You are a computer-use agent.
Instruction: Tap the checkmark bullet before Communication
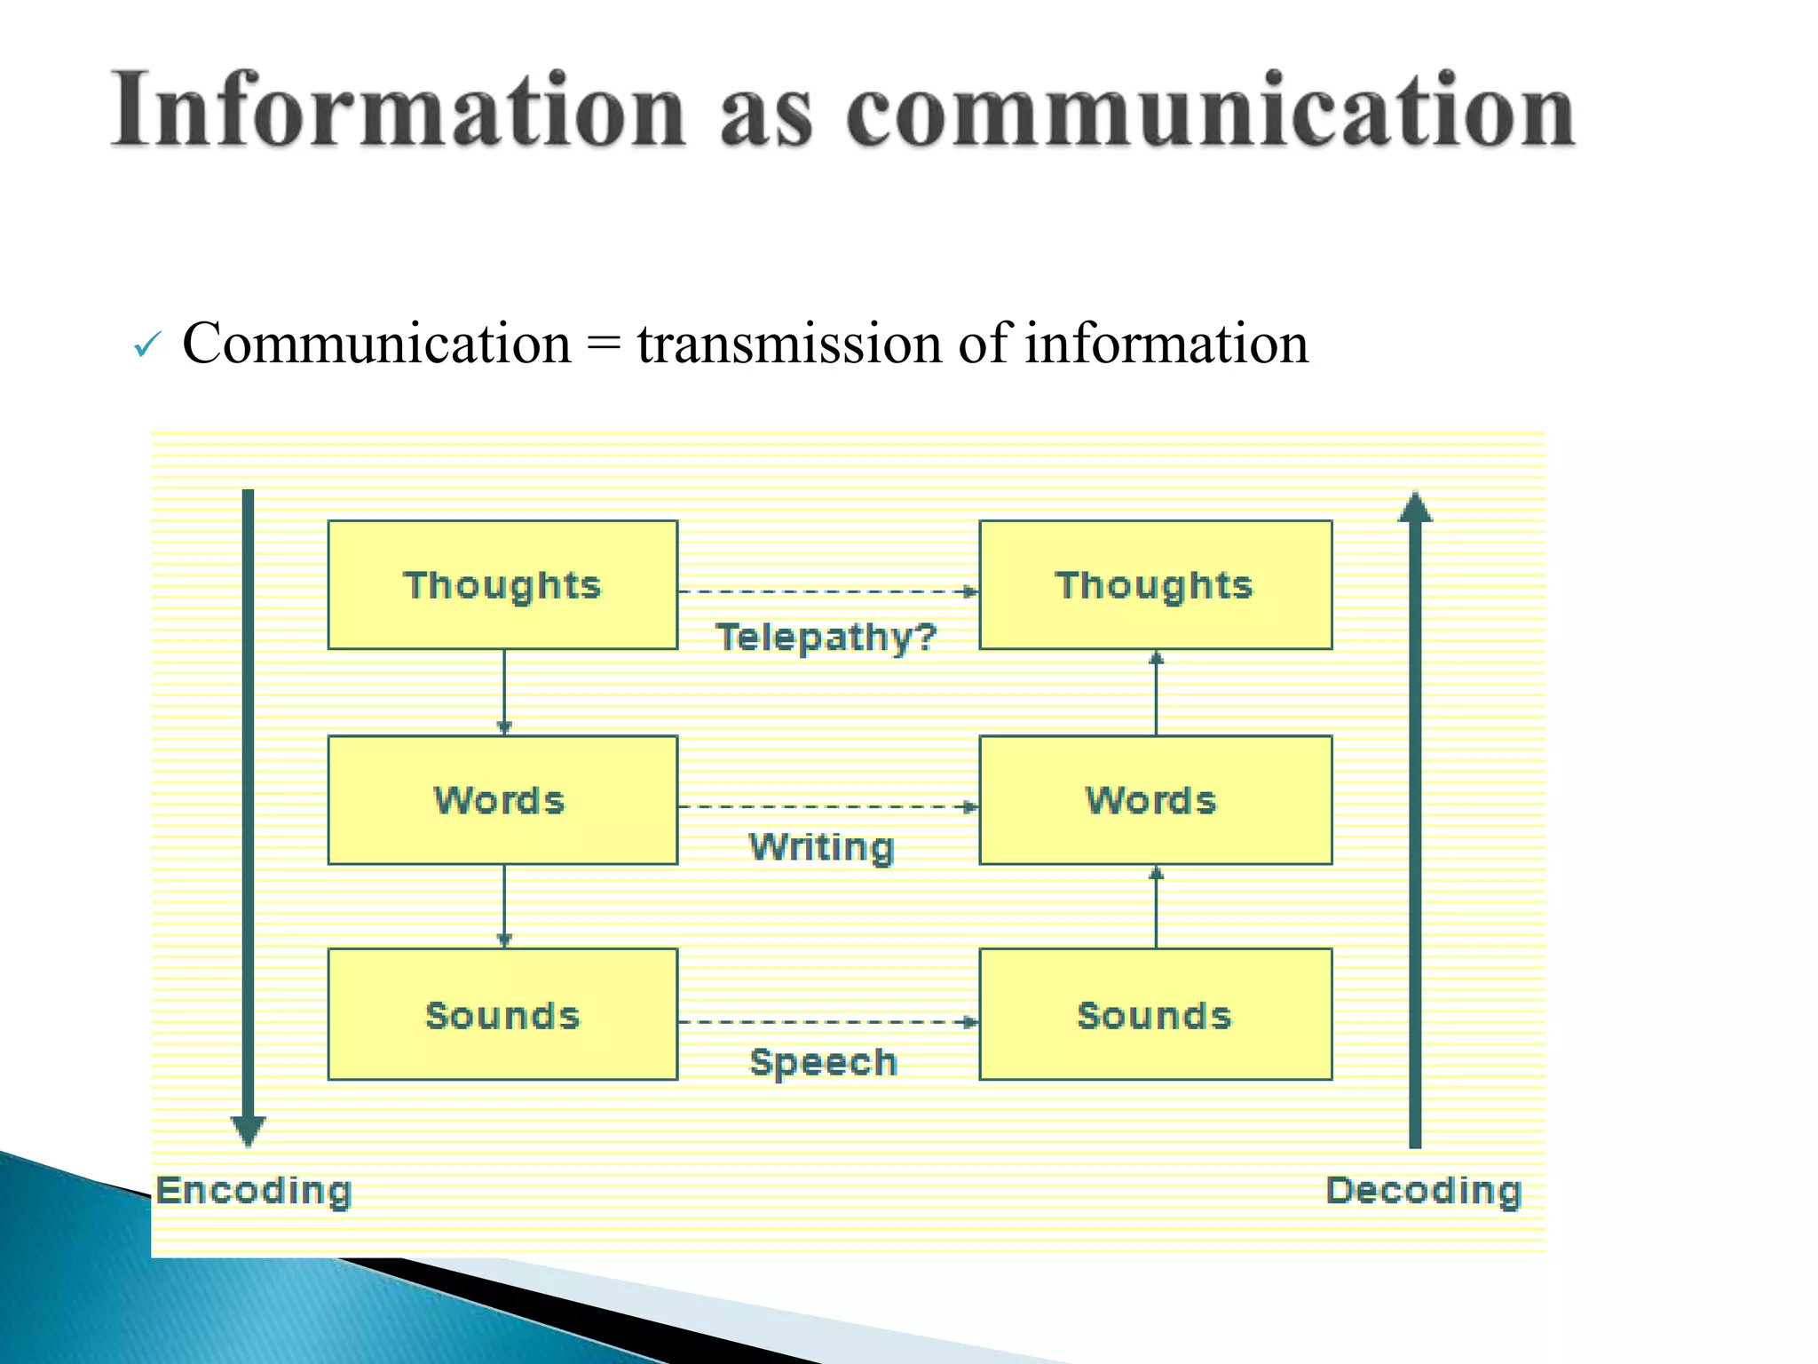tap(147, 345)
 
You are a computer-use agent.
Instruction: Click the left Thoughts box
tap(502, 585)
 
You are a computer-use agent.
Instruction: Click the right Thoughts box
tap(1155, 585)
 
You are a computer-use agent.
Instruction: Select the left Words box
tap(502, 800)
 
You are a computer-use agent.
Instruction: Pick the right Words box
tap(1155, 800)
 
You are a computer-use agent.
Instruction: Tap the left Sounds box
tap(502, 1014)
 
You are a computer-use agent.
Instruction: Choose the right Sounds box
tap(1155, 1014)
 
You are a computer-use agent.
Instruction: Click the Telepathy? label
tap(826, 638)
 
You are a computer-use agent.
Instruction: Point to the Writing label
tap(822, 846)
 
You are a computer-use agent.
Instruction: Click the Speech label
tap(824, 1062)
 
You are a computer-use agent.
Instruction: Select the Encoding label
tap(255, 1190)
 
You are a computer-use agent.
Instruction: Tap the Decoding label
tap(1424, 1190)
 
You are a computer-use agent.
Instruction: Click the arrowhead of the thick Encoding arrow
tap(248, 1130)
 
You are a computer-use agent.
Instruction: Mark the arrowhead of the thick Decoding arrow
tap(1415, 507)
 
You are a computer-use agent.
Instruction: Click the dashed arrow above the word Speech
tap(827, 1022)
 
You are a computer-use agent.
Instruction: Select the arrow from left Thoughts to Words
tap(504, 692)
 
